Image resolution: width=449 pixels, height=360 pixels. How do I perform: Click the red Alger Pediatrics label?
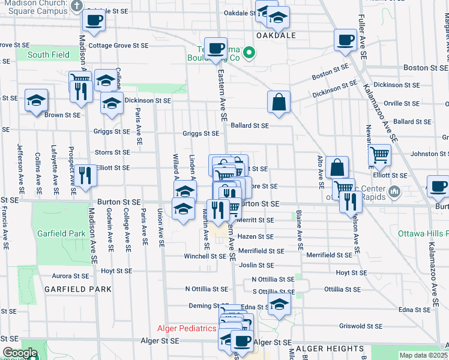point(186,328)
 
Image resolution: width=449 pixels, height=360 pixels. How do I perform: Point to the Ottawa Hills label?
point(426,233)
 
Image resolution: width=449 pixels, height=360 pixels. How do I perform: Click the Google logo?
point(20,353)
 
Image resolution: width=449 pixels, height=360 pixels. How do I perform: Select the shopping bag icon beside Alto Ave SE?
point(338,167)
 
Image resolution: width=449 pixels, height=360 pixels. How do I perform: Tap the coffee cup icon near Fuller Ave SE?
point(345,40)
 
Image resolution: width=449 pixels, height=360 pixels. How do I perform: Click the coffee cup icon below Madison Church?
point(93,20)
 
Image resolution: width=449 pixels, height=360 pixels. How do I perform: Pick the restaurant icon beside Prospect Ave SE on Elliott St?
point(84,175)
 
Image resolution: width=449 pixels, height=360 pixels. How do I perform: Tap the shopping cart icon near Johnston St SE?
point(379,155)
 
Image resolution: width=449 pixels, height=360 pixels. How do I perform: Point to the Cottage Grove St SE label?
point(118,45)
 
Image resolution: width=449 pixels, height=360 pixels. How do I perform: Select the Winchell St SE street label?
point(205,256)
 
